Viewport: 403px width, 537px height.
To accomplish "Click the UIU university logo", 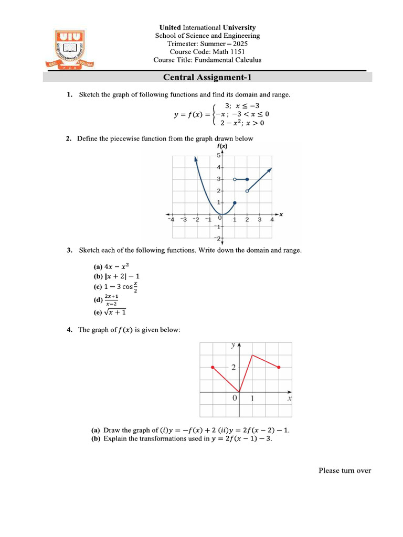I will coord(70,49).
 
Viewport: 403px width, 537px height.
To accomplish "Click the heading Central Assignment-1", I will coord(207,78).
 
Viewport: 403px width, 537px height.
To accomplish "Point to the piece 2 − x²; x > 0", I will coord(242,123).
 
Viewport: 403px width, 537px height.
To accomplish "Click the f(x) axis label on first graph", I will coord(222,147).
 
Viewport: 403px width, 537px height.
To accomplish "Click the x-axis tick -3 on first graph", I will coord(183,220).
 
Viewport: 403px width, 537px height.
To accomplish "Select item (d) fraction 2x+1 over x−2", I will coord(107,300).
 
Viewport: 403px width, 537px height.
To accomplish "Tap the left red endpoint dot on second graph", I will coord(213,368).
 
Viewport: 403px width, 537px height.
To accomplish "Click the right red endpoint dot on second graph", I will coord(279,368).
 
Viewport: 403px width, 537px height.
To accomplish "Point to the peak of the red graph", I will coord(252,355).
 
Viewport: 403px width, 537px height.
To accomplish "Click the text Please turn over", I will coord(345,470).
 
